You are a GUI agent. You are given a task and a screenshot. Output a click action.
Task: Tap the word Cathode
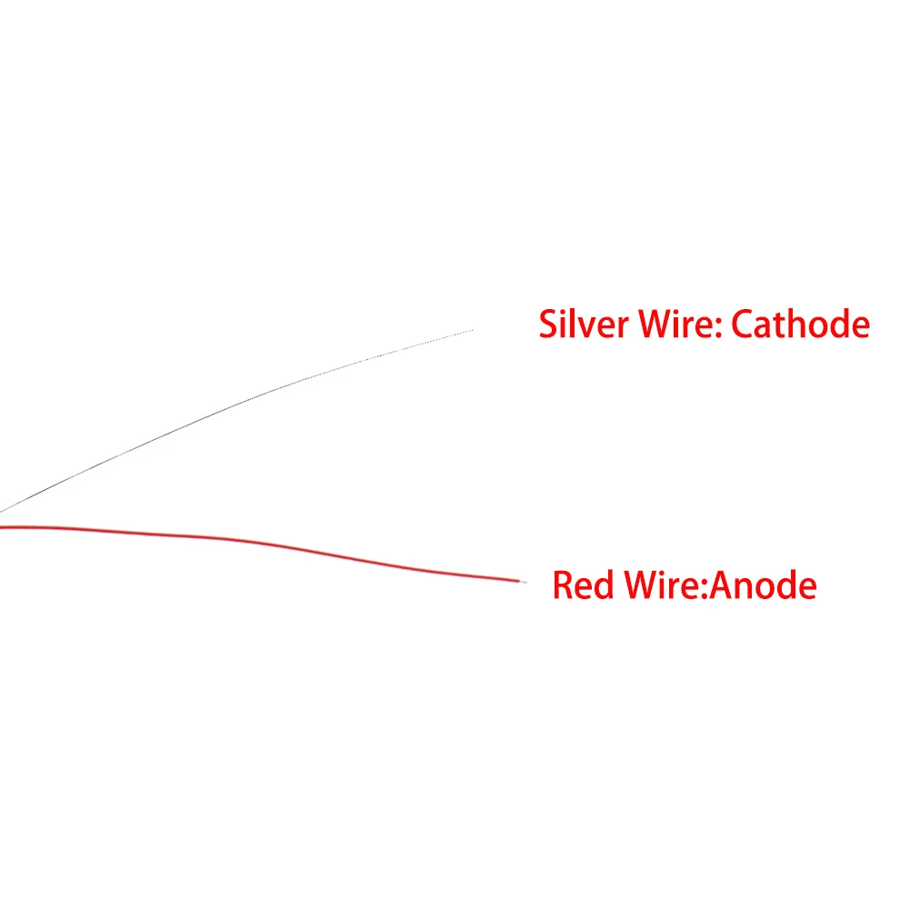[800, 324]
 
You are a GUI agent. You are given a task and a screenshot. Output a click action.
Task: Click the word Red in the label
[583, 585]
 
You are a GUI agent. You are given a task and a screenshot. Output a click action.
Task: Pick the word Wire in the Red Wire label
[659, 585]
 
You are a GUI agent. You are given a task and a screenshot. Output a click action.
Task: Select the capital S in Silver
[549, 325]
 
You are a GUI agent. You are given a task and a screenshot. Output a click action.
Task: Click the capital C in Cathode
[743, 325]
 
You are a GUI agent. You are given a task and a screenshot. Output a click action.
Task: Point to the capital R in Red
[564, 585]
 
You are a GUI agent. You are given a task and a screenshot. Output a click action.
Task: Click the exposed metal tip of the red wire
[522, 580]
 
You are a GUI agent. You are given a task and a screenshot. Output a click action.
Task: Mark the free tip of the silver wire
[472, 330]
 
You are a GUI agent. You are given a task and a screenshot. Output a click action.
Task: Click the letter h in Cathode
[803, 324]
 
